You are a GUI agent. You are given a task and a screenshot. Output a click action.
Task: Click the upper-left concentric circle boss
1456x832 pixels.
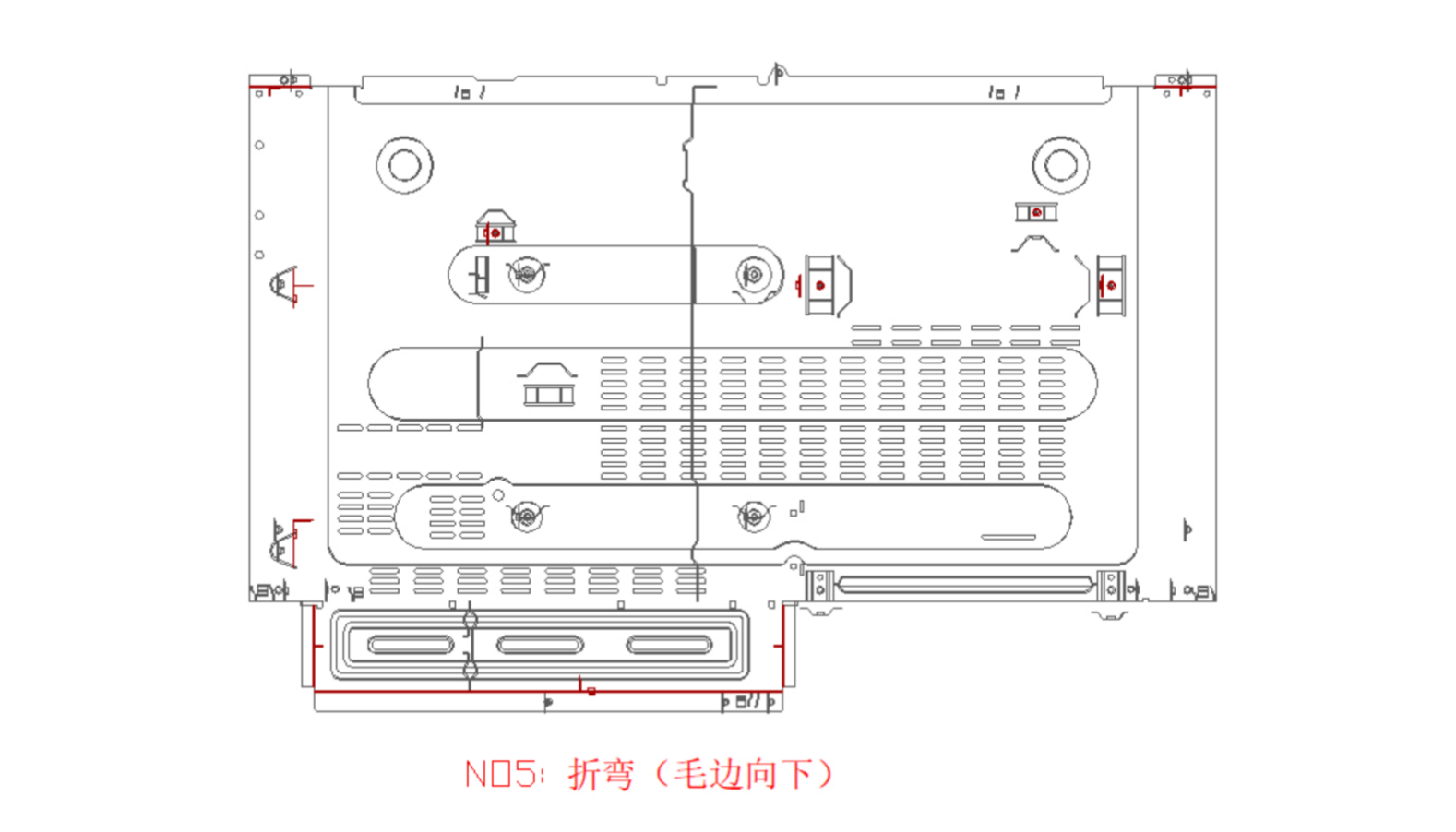coord(404,165)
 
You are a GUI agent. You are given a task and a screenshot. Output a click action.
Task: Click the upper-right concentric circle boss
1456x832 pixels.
coord(1060,165)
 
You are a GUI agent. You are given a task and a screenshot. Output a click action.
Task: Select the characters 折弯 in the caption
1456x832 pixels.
coord(601,774)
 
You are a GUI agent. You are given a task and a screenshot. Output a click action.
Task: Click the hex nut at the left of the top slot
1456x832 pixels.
coord(526,274)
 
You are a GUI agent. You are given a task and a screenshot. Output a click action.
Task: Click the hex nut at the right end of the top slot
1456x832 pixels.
coord(754,275)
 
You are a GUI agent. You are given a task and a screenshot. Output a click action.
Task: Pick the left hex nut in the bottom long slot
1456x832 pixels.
coord(526,517)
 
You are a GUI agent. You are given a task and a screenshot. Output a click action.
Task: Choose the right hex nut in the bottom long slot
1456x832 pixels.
coord(754,516)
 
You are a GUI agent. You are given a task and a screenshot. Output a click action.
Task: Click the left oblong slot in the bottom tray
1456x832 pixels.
coord(411,644)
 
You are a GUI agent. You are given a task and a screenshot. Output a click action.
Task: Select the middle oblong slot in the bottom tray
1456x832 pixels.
coord(540,644)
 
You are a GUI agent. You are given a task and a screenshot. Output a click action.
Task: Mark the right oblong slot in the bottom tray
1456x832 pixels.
coord(669,644)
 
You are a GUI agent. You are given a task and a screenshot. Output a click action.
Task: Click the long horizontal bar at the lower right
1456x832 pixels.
coord(965,584)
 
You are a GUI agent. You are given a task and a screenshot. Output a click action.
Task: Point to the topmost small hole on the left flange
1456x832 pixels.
coord(259,145)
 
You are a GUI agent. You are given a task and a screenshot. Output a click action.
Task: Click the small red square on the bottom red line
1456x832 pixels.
coord(591,691)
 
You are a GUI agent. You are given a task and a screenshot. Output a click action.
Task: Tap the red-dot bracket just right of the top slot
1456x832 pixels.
coord(820,285)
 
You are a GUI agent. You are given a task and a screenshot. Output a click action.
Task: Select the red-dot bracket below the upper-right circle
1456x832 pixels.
coord(1036,213)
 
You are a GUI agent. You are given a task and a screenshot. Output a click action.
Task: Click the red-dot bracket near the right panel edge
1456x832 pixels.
coord(1111,285)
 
